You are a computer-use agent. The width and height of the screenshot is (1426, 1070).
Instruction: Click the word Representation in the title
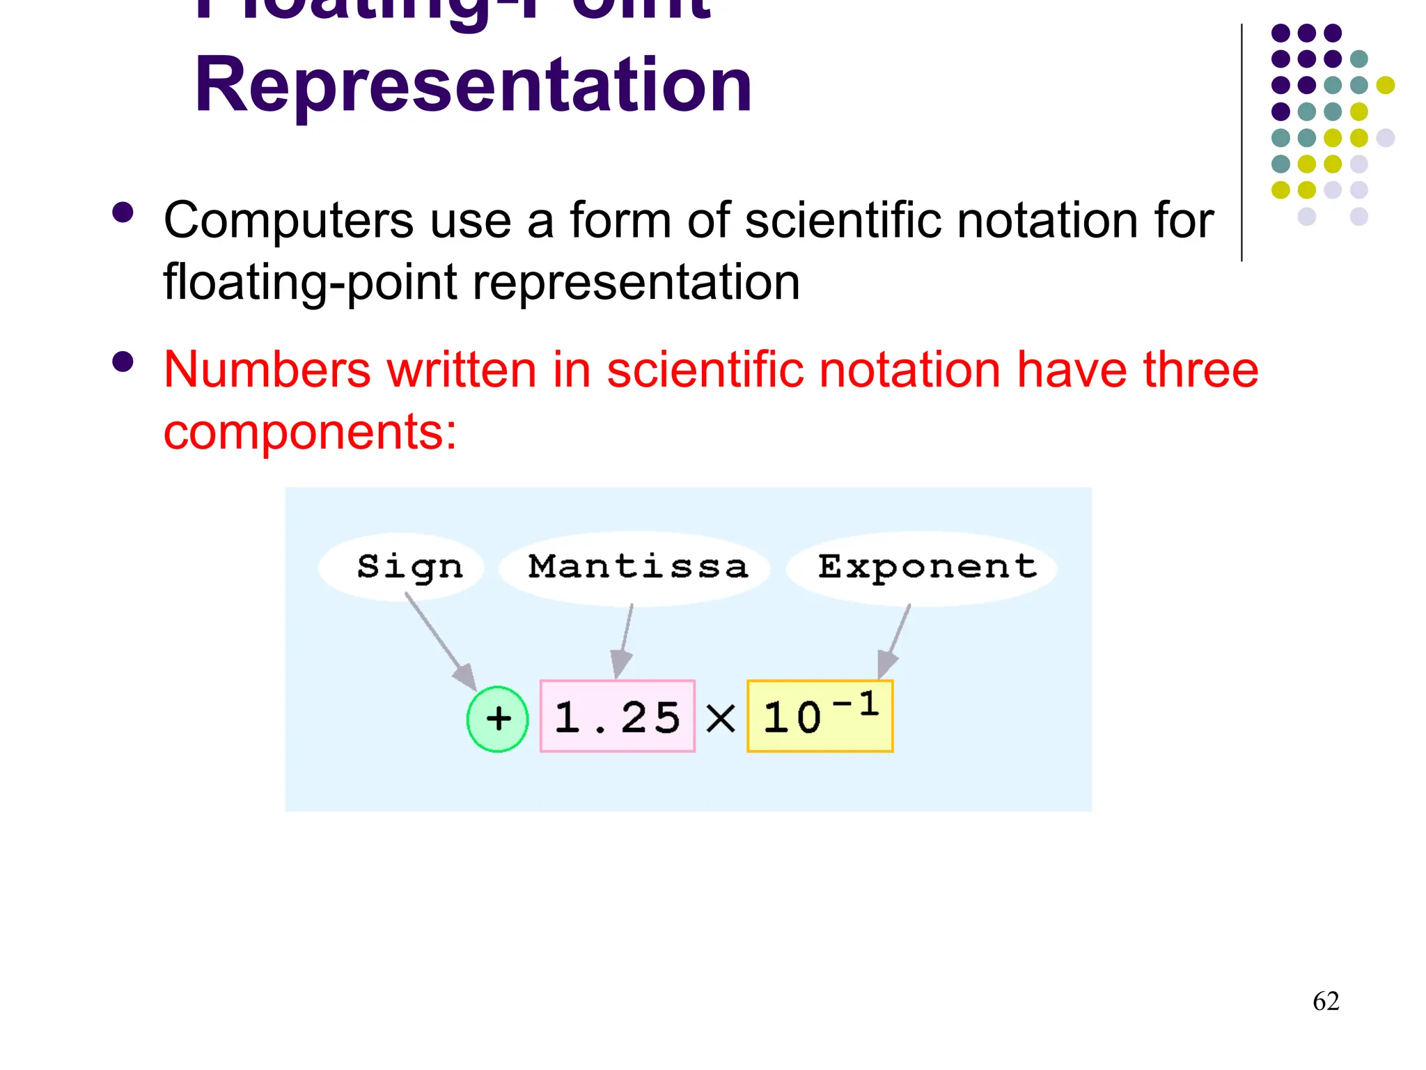(x=473, y=85)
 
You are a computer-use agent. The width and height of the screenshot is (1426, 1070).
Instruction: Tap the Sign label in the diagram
(x=409, y=567)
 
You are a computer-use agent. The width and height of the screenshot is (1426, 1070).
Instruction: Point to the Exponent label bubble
(x=926, y=567)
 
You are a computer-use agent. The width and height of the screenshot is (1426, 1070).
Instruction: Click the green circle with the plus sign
(x=497, y=719)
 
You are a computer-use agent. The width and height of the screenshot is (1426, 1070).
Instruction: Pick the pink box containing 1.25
(x=617, y=717)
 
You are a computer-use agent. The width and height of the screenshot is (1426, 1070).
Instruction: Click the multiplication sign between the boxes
(x=721, y=718)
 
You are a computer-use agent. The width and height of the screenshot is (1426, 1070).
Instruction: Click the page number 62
(x=1326, y=1001)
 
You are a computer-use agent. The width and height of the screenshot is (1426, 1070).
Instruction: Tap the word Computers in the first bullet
(x=289, y=221)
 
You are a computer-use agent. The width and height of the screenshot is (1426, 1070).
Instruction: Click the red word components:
(x=310, y=433)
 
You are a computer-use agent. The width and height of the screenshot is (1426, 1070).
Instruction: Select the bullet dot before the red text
(x=123, y=362)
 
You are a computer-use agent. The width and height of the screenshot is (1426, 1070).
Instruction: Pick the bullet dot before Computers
(x=123, y=213)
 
